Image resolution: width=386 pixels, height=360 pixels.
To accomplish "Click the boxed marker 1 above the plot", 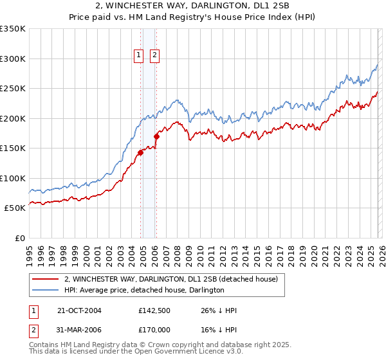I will pos(139,56).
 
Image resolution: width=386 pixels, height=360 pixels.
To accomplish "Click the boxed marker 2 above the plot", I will pos(155,56).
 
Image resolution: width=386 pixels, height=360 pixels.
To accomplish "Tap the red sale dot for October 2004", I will pos(140,152).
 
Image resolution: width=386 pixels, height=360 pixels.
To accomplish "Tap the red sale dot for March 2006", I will pos(156,136).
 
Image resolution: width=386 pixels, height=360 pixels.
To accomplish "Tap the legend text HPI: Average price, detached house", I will pos(143,291).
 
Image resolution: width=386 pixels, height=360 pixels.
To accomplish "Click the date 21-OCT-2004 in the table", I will pos(79,310).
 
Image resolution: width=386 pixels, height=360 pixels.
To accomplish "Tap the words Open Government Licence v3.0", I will pos(192,352).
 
